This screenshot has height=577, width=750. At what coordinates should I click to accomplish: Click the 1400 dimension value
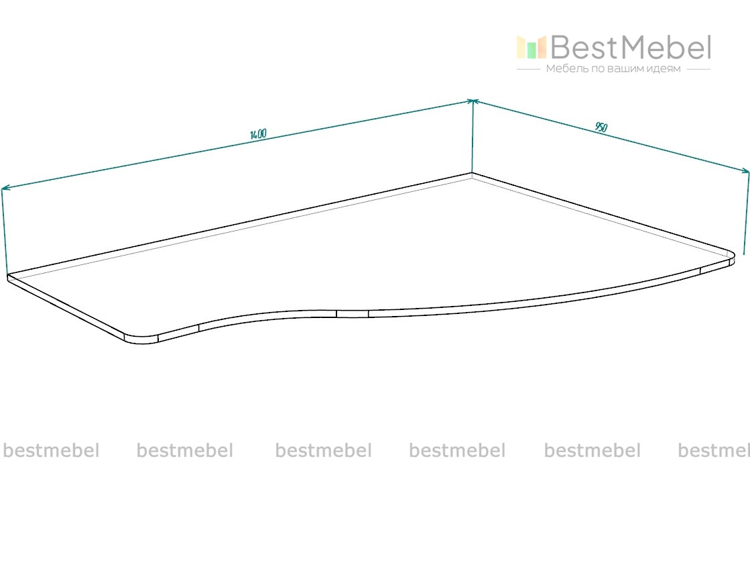pyautogui.click(x=258, y=134)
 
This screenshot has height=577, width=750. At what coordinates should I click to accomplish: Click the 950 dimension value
pyautogui.click(x=601, y=127)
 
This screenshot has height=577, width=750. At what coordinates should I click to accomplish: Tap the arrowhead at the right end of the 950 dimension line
pyautogui.click(x=745, y=171)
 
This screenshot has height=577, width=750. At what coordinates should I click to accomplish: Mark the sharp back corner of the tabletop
pyautogui.click(x=472, y=174)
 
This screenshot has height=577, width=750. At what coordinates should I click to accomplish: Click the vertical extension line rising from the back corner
pyautogui.click(x=473, y=138)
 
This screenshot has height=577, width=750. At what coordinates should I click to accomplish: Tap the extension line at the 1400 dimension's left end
pyautogui.click(x=5, y=231)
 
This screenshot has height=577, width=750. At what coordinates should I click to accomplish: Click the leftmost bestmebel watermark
pyautogui.click(x=51, y=450)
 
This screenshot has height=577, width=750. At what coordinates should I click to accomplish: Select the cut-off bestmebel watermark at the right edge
pyautogui.click(x=714, y=450)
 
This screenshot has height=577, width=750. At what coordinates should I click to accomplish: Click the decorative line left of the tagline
pyautogui.click(x=529, y=69)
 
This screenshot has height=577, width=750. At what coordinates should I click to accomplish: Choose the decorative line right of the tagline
pyautogui.click(x=698, y=69)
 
